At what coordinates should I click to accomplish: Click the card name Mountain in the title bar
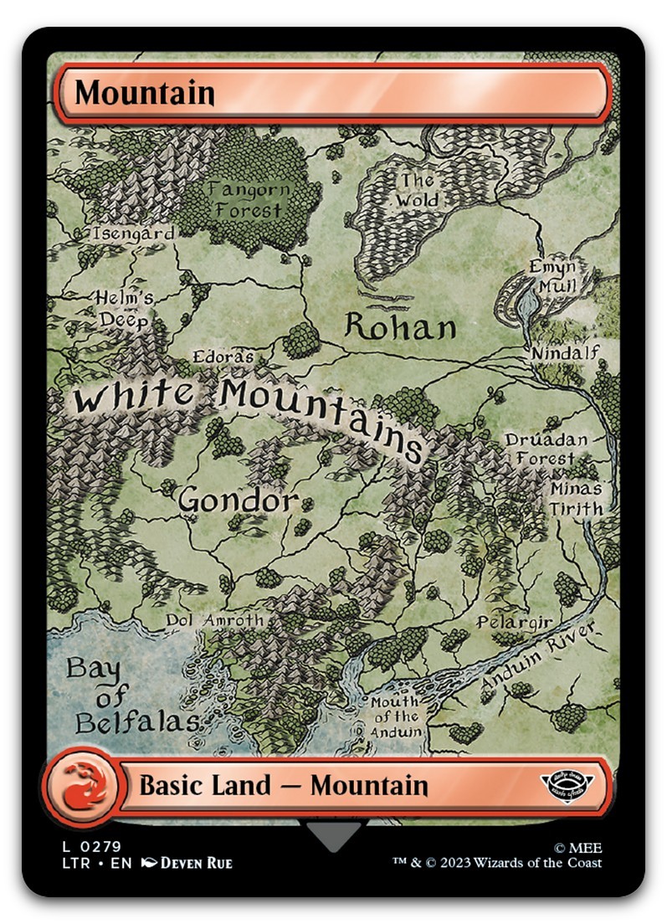pos(145,93)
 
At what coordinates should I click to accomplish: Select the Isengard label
pos(134,234)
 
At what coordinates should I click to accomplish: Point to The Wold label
pos(416,190)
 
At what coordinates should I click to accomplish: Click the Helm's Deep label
pos(125,309)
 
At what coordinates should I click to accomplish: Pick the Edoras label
pos(223,357)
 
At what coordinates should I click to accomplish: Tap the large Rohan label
pos(401,327)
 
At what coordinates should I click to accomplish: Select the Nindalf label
pos(566,353)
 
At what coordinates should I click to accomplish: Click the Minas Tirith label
pos(576,498)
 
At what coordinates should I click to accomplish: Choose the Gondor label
pos(238,501)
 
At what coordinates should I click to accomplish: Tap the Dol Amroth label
pos(215,620)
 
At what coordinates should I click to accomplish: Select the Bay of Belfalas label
pos(123,696)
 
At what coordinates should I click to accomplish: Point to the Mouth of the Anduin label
pos(396,716)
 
